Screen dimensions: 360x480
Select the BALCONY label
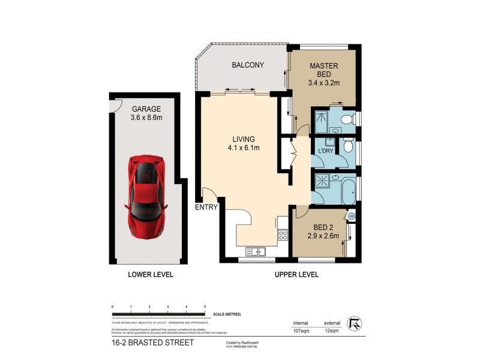248,65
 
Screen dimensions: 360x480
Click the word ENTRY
206,208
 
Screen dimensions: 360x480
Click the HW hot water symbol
352,216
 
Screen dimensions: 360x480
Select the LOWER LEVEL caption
151,275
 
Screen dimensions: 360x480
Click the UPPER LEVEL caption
296,275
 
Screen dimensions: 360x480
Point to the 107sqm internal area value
302,329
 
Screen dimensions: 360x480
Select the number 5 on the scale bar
205,307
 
